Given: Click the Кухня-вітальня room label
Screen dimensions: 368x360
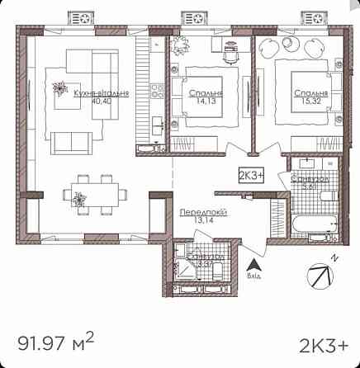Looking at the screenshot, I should point(101,95).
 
